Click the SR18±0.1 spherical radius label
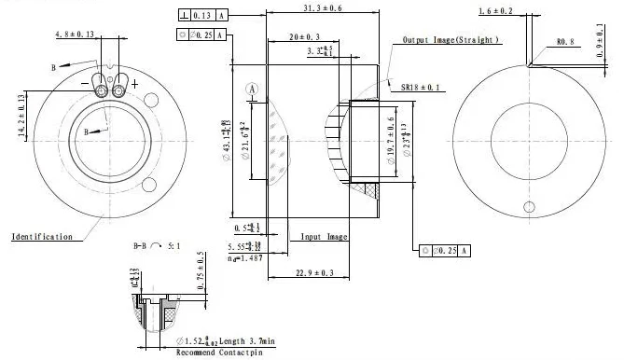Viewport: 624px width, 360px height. (x=421, y=87)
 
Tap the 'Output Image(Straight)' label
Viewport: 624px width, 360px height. (x=451, y=41)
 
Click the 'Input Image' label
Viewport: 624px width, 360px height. (x=324, y=237)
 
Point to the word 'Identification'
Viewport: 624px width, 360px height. (x=41, y=237)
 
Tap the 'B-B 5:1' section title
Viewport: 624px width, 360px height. (x=156, y=246)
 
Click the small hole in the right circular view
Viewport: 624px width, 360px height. (x=528, y=206)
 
